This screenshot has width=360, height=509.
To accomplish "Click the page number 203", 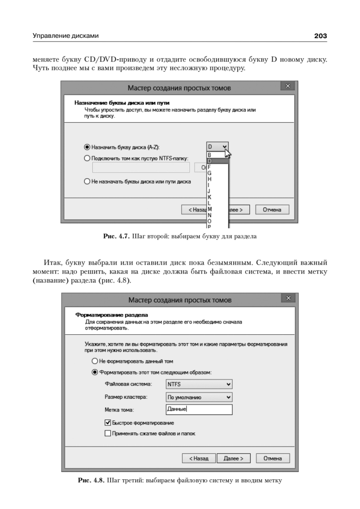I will coord(320,36).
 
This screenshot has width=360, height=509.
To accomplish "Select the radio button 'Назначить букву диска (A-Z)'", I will coord(87,147).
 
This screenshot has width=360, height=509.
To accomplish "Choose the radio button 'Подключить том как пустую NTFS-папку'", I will coord(87,158).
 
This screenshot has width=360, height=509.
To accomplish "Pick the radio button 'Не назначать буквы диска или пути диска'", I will coord(87,181).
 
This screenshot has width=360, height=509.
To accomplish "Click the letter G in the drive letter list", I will coord(209,173).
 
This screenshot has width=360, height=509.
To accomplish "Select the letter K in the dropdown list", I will coord(209,197).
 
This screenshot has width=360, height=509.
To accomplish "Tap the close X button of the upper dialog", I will coord(288,87).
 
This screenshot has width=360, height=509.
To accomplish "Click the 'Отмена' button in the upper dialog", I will coord(275,210).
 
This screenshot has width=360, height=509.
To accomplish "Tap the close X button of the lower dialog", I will coord(288,299).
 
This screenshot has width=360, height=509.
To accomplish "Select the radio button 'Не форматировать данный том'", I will coord(95,361).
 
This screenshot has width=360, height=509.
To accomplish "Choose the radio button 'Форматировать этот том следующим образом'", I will coord(95,372).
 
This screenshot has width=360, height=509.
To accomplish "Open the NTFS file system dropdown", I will coord(199,384).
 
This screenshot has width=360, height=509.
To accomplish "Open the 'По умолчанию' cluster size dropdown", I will coord(199,397).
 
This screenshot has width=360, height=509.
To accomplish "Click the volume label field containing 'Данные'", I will coord(199,410).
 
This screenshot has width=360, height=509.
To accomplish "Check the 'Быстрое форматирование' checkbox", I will coord(108,423).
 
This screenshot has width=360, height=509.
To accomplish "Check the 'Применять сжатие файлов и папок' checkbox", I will coord(108,433).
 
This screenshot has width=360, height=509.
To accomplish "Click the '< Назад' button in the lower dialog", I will coord(199,459).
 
